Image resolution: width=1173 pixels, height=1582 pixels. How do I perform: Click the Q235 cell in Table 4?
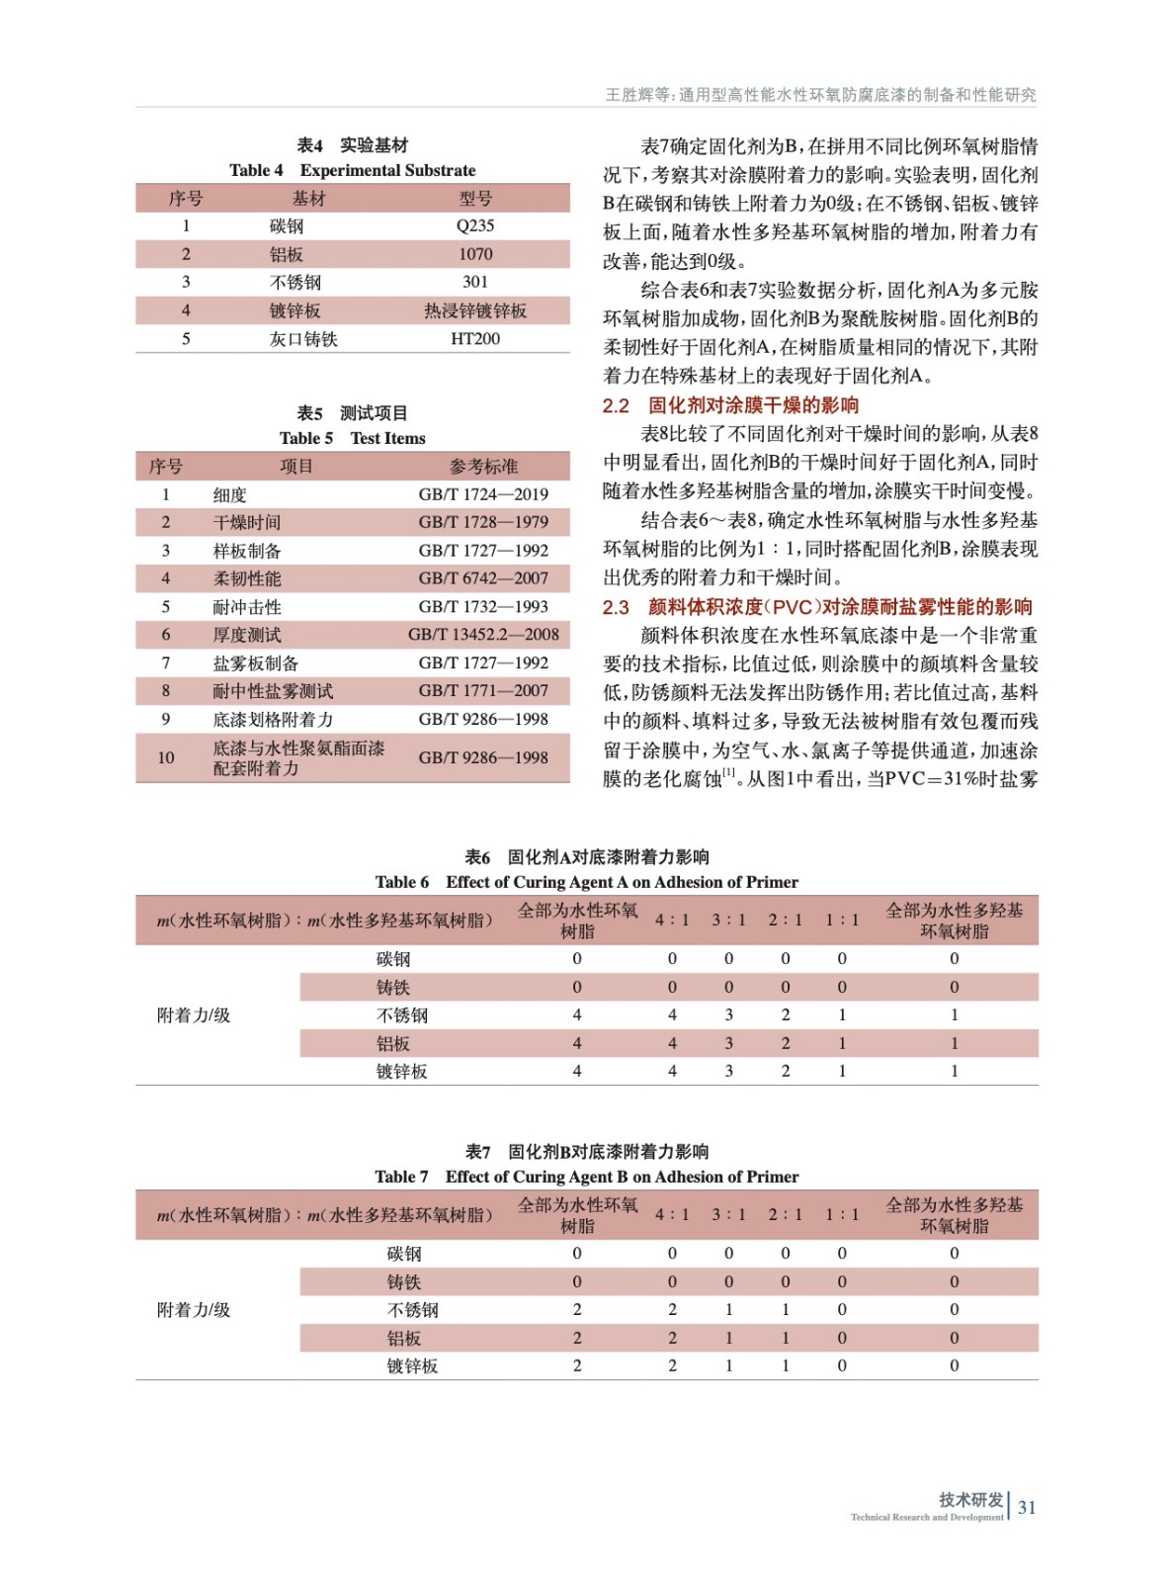(x=475, y=226)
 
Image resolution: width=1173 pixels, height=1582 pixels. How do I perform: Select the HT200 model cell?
(x=475, y=339)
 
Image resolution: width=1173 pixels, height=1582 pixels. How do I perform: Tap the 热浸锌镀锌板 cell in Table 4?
(x=475, y=310)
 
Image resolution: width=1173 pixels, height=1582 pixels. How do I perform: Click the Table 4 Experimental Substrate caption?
(x=353, y=170)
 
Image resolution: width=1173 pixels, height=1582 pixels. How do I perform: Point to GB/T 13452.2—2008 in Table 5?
(x=483, y=635)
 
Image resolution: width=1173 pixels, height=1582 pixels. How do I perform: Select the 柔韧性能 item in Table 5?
(x=247, y=578)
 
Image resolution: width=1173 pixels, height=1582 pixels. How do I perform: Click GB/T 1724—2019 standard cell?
(x=483, y=494)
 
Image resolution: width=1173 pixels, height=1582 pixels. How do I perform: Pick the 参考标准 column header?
(x=483, y=467)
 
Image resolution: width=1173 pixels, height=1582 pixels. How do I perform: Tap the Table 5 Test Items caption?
(x=353, y=438)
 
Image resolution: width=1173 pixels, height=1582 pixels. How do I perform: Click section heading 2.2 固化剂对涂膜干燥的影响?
(x=731, y=405)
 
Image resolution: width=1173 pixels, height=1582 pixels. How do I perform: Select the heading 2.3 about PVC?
(x=817, y=607)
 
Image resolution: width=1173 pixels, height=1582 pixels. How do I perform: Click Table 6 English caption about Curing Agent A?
(x=587, y=882)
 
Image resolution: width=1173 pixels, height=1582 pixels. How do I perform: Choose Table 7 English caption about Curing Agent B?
(x=587, y=1177)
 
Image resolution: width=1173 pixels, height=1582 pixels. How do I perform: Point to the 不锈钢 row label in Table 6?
(x=402, y=1015)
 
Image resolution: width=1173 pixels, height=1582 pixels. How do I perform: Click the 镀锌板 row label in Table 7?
(x=412, y=1366)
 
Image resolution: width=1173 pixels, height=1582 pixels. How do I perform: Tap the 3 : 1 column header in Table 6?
(x=729, y=921)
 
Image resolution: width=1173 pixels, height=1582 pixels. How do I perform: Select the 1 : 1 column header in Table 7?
(x=842, y=1215)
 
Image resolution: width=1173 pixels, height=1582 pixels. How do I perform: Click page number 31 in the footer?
(x=1027, y=1508)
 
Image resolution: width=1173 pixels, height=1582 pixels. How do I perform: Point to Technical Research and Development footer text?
(x=927, y=1518)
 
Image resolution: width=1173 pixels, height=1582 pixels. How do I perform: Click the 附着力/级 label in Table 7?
(x=194, y=1310)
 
